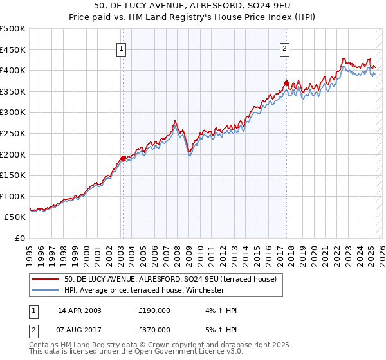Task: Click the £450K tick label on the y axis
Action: click(x=13, y=50)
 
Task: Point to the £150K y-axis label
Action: click(x=13, y=175)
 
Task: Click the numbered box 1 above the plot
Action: click(x=122, y=46)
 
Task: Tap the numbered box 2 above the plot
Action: click(x=284, y=46)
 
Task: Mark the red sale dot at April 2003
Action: click(x=123, y=158)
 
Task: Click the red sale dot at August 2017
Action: click(x=287, y=83)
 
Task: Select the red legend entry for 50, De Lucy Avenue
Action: click(x=170, y=279)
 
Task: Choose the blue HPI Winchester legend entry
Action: click(x=143, y=290)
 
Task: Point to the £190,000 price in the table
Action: click(x=154, y=310)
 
